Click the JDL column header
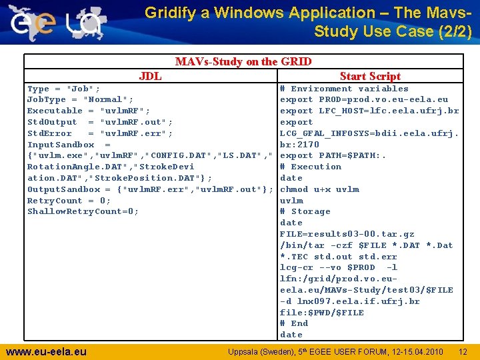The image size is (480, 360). [x=150, y=76]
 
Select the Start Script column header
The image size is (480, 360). [x=370, y=76]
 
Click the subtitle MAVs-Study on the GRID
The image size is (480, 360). [x=243, y=61]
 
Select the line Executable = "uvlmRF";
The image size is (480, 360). [x=89, y=111]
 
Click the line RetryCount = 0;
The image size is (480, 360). [x=69, y=200]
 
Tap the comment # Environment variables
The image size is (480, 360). [x=344, y=89]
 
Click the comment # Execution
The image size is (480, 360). [x=311, y=167]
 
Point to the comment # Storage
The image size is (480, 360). [x=305, y=211]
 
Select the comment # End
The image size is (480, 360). [x=294, y=323]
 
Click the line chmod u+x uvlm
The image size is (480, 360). [x=319, y=189]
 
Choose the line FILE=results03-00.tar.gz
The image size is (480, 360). [x=347, y=234]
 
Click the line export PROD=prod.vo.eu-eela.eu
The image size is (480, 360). [x=364, y=99]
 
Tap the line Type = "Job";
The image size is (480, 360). [x=64, y=89]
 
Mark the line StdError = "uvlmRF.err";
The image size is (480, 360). [x=100, y=133]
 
